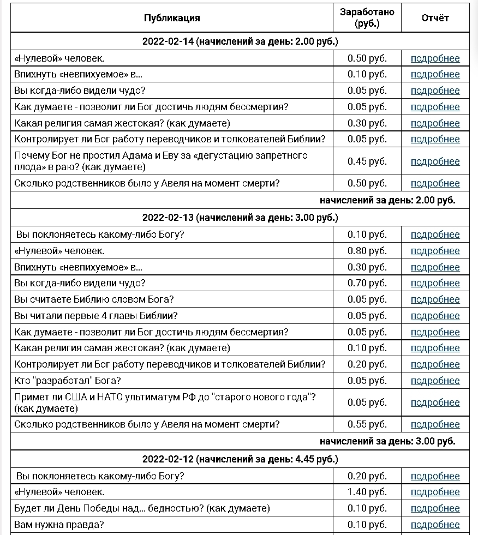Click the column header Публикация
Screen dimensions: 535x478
[x=172, y=18]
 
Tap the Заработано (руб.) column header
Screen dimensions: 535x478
[x=367, y=18]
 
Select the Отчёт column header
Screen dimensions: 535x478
[x=435, y=18]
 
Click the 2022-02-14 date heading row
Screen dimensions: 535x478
[x=240, y=41]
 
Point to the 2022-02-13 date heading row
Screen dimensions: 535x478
[x=240, y=218]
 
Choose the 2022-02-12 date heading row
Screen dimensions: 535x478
[x=240, y=459]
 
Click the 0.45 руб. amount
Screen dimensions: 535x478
[x=367, y=161]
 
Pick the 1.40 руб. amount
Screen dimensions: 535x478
[x=367, y=492]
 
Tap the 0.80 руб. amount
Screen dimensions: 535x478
[x=367, y=251]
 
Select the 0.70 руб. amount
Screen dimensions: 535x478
[x=367, y=283]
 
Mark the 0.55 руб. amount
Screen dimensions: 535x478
[x=367, y=424]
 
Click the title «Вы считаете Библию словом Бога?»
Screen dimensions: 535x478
[x=94, y=299]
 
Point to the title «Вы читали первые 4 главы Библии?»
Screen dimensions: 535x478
[x=96, y=316]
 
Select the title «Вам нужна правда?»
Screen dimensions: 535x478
[x=59, y=525]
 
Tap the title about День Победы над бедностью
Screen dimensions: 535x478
[x=142, y=508]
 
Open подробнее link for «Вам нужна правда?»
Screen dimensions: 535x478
[x=435, y=525]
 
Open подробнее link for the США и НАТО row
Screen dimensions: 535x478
[x=435, y=402]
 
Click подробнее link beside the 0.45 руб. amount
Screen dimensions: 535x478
[x=435, y=161]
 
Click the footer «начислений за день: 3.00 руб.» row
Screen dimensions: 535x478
[x=387, y=441]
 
